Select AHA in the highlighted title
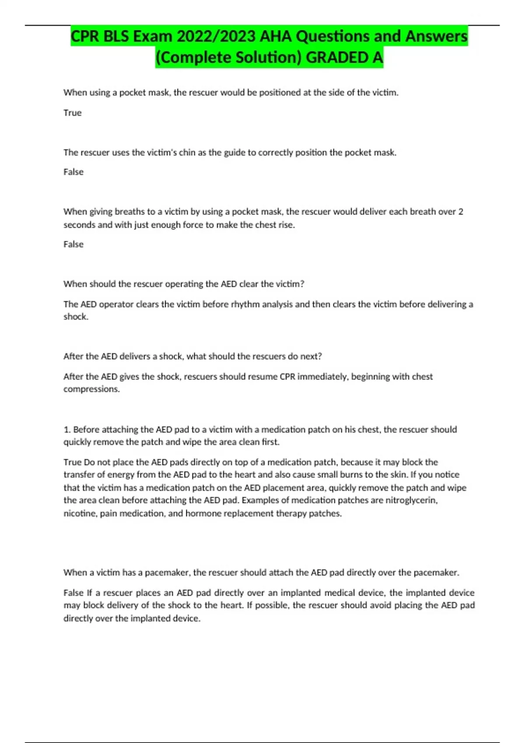tap(276, 36)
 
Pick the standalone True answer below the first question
tap(73, 113)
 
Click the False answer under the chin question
tap(73, 172)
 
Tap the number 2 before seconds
tap(461, 212)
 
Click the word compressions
tap(91, 389)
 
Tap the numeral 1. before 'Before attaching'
tap(67, 429)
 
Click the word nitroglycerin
tap(411, 500)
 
